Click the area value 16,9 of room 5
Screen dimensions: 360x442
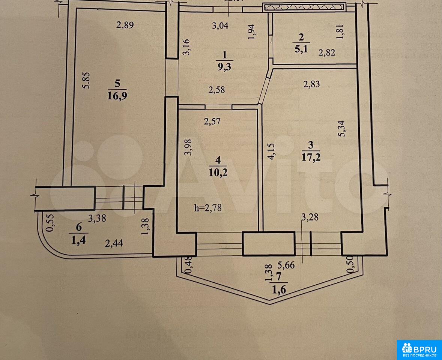pyautogui.click(x=117, y=95)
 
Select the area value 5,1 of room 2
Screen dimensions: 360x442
pyautogui.click(x=302, y=49)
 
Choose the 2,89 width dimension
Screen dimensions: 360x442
pyautogui.click(x=125, y=25)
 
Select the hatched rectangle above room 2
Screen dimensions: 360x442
pyautogui.click(x=304, y=7)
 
